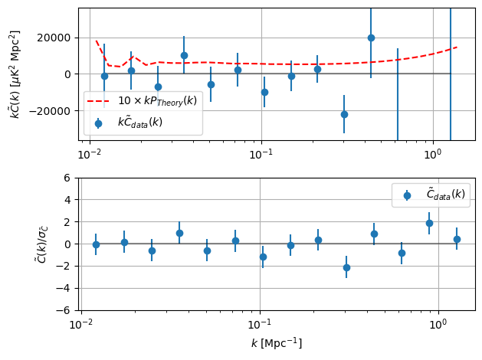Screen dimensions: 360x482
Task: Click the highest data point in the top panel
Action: coord(371,38)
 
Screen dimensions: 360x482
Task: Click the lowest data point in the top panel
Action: coord(344,114)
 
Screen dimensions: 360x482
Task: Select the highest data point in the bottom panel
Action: coord(429,223)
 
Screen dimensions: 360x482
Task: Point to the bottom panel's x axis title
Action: coord(276,343)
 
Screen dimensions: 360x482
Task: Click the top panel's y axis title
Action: coord(15,74)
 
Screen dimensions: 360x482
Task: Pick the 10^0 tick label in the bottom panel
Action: coord(438,325)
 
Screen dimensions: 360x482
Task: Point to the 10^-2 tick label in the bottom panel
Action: coord(81,325)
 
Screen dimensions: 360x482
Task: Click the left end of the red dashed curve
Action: coord(97,41)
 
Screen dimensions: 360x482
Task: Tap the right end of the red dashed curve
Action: coord(457,47)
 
